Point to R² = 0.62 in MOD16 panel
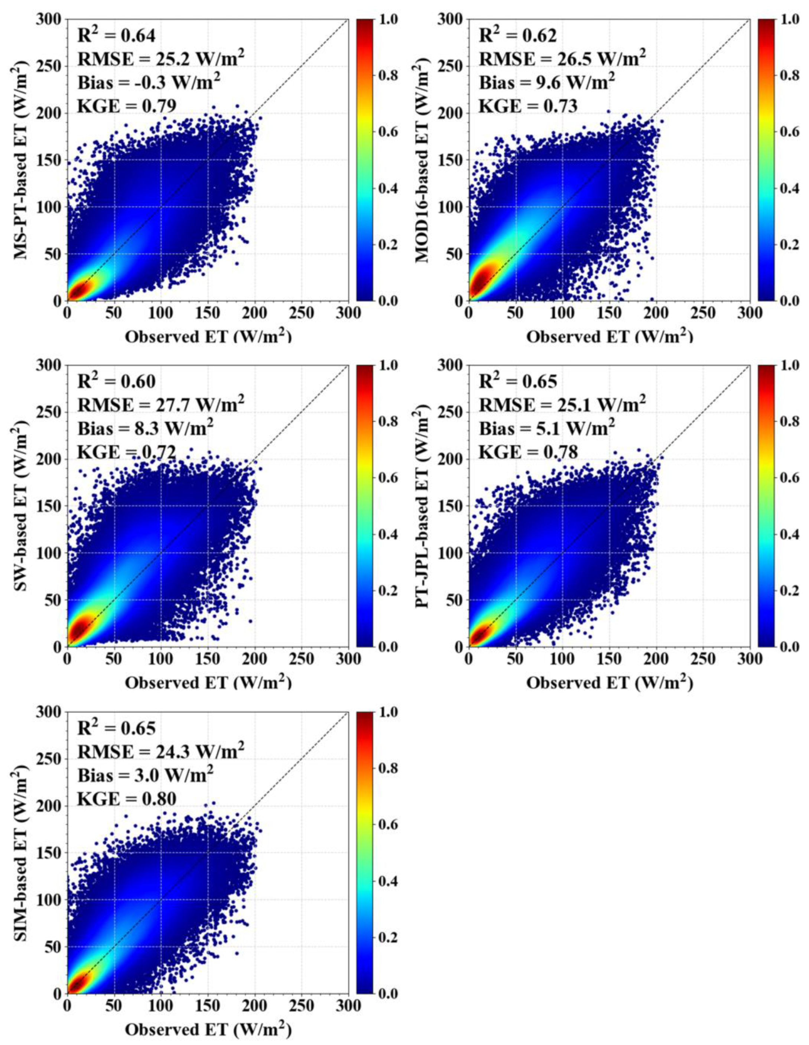[518, 35]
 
